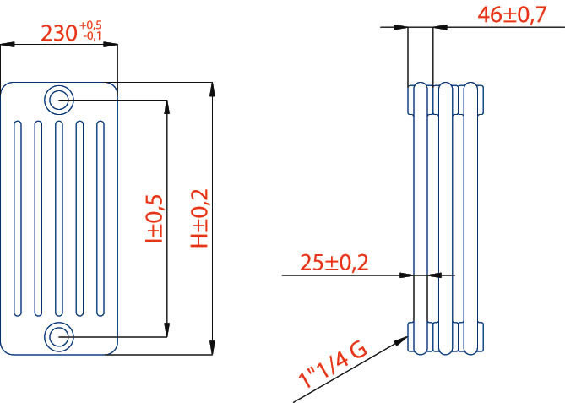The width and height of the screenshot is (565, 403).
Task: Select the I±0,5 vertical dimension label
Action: point(155,218)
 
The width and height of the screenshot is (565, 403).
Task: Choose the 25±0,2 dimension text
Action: point(335,263)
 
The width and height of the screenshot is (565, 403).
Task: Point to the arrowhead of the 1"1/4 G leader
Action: point(406,338)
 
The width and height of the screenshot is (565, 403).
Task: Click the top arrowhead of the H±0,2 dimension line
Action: point(210,86)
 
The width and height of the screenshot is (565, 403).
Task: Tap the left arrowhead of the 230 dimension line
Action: point(6,46)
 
